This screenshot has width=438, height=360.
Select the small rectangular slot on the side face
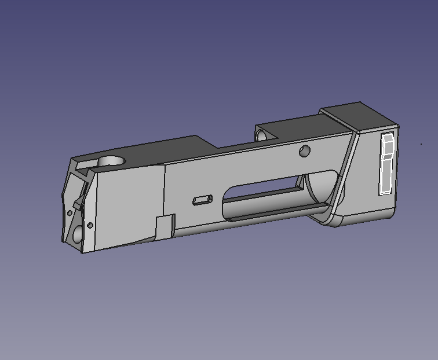coord(202,200)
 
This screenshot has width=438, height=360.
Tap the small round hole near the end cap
coord(305,151)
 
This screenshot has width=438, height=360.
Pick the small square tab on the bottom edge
coord(166,226)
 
